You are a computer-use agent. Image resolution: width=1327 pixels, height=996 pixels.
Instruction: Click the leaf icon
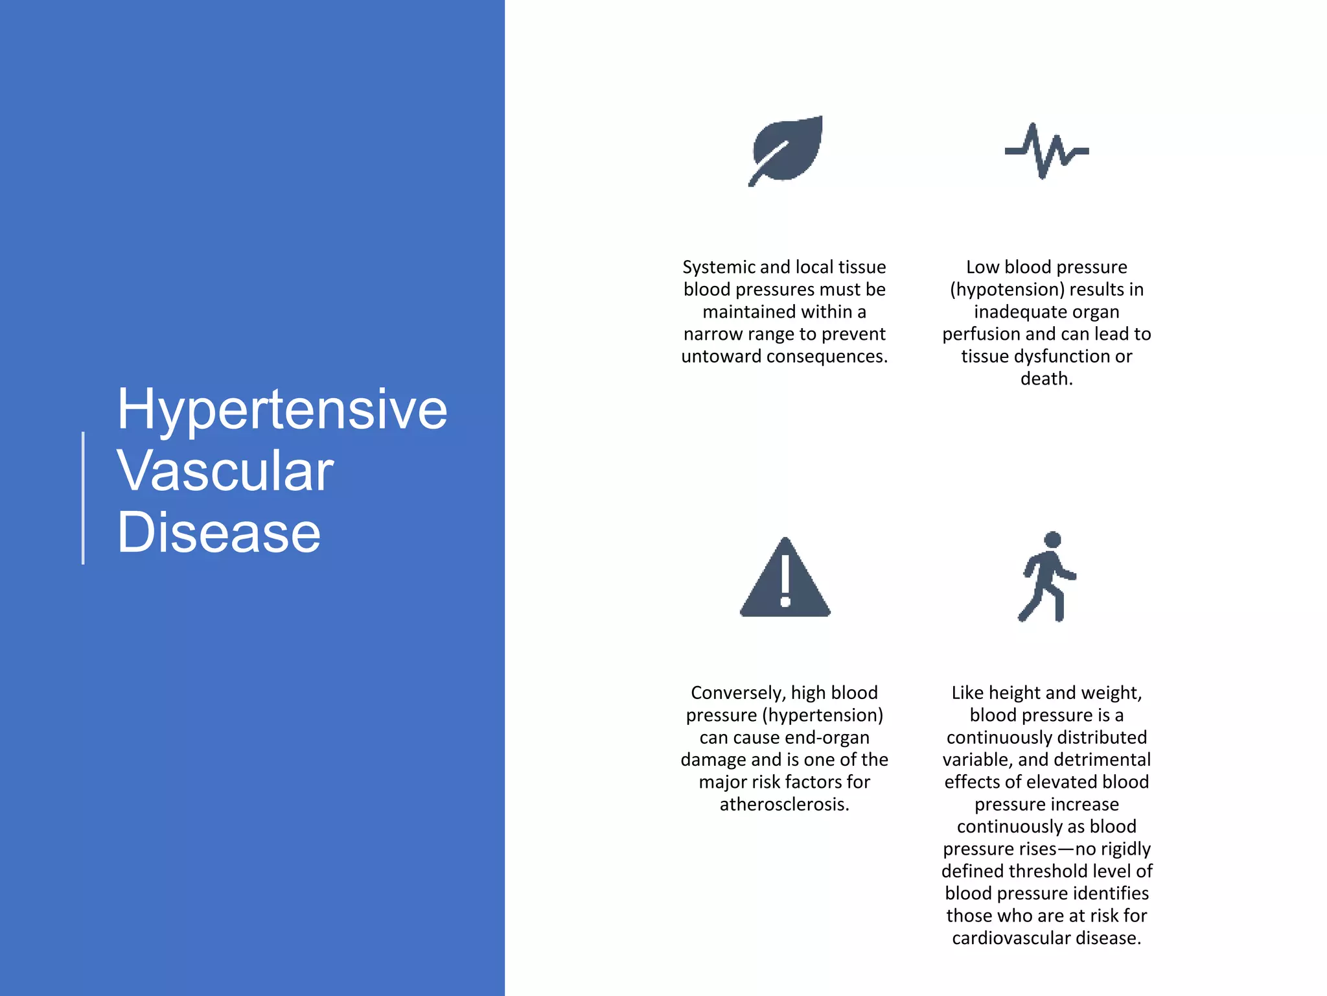787,150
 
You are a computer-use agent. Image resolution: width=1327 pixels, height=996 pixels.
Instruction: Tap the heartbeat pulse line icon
1046,151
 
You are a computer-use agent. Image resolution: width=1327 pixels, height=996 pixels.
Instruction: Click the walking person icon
1046,577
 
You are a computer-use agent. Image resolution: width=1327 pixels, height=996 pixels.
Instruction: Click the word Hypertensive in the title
282,410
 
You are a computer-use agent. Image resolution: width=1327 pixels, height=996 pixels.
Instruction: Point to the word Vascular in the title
225,471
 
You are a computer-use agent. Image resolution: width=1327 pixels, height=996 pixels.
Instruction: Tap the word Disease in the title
219,533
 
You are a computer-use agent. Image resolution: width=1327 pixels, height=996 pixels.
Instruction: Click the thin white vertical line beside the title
83,498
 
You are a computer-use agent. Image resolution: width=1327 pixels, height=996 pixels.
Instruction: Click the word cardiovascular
1011,938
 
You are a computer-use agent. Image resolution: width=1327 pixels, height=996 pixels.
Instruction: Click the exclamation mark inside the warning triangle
785,580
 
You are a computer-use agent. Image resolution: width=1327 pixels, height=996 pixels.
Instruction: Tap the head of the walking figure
1052,539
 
